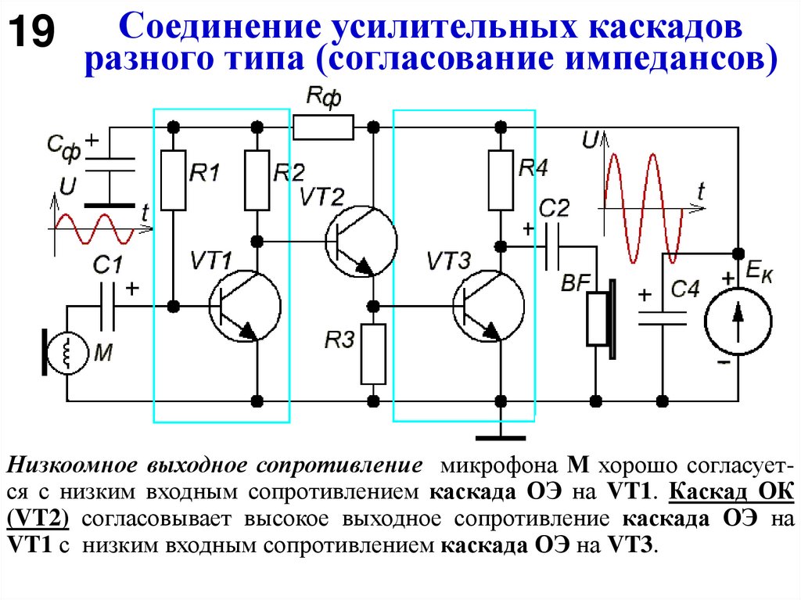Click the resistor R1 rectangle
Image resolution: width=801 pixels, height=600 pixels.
(174, 180)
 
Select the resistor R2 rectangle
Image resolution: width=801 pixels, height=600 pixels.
(257, 180)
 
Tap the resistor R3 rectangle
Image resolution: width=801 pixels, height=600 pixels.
(374, 354)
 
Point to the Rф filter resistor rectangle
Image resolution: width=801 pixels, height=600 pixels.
(323, 127)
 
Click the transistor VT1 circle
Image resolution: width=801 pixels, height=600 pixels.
(244, 306)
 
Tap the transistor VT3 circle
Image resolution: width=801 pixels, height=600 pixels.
(488, 306)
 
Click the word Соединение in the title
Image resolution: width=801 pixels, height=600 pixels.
(221, 28)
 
